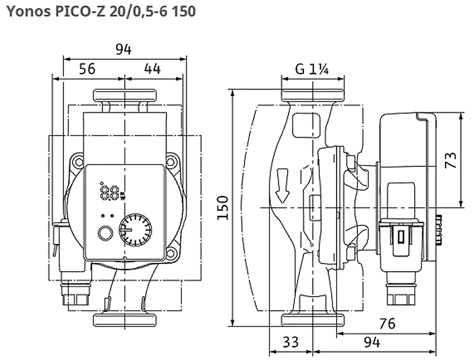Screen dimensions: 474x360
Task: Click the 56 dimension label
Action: (x=87, y=69)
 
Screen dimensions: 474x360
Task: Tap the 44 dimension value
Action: (x=152, y=69)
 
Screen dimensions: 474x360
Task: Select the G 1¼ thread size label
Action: (x=312, y=69)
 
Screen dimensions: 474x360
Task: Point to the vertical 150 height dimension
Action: (x=223, y=208)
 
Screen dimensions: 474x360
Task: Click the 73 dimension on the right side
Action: (x=451, y=160)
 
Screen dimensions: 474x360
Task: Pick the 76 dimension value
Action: (x=387, y=323)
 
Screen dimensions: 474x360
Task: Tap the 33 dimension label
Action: (x=290, y=342)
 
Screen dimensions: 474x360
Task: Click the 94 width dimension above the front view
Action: (x=124, y=50)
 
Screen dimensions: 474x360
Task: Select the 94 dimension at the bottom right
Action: (x=372, y=342)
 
